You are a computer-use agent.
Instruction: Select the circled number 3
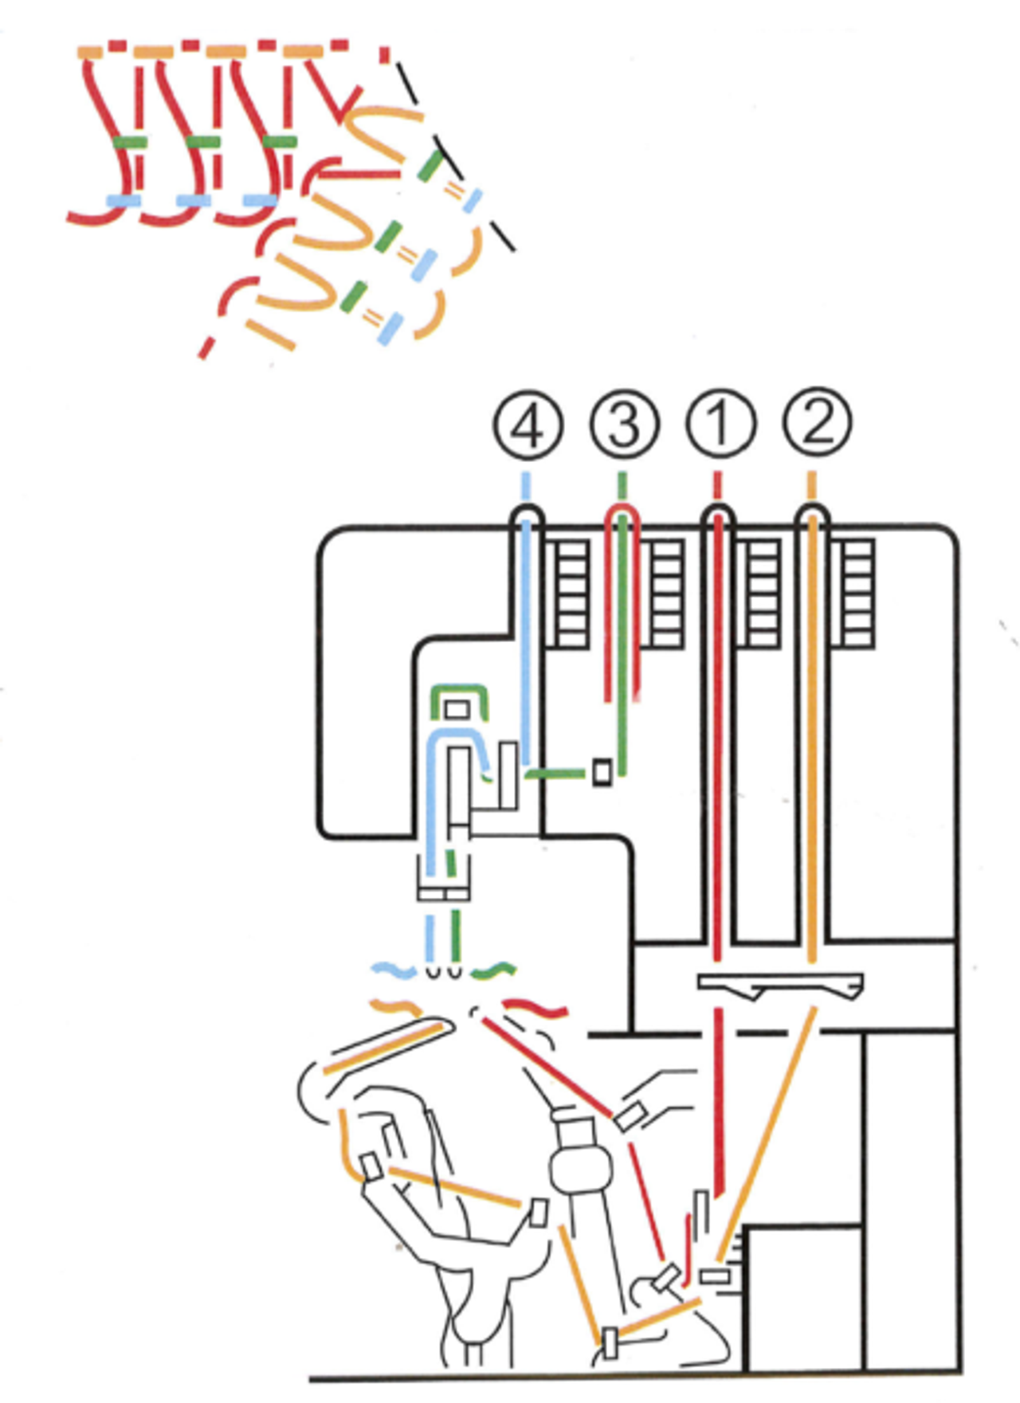point(625,425)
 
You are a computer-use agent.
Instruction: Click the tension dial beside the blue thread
point(572,594)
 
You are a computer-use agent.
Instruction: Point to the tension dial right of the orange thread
point(857,594)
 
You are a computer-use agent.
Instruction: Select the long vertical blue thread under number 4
point(526,637)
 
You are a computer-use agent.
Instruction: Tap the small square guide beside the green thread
point(603,772)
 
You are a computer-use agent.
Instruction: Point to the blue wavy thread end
point(394,970)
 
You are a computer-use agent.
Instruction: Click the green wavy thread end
point(493,970)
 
